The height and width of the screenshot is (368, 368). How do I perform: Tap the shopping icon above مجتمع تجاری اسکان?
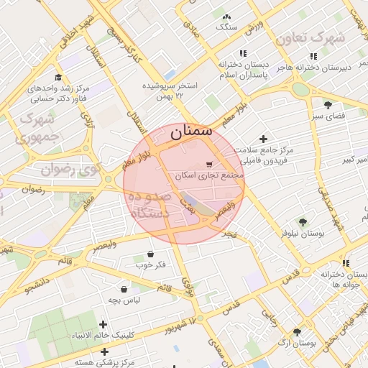[x=209, y=163]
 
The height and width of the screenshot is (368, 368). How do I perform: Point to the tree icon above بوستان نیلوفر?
[x=303, y=222]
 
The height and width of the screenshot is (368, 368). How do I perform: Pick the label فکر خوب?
[x=151, y=264]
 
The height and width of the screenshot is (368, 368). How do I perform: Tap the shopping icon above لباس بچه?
[x=125, y=289]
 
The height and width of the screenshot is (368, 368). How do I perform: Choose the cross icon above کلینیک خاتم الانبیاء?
[x=103, y=325]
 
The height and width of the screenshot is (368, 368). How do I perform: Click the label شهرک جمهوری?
[x=35, y=126]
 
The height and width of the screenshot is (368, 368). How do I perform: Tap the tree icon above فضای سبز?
[x=328, y=104]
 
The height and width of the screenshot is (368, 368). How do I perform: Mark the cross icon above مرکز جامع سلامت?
[x=263, y=139]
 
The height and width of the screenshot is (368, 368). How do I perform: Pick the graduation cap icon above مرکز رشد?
[x=58, y=77]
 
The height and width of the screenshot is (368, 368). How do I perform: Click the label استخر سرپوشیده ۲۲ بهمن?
[x=170, y=89]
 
